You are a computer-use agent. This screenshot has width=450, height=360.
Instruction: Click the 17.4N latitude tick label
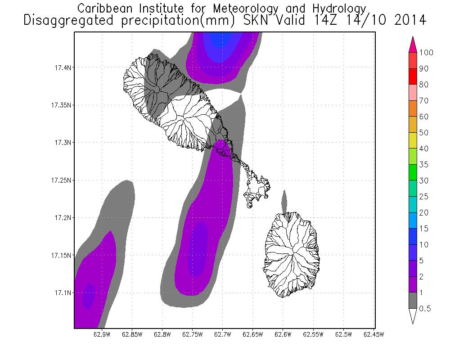click(60, 67)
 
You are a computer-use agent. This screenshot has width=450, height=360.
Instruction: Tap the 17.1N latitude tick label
click(60, 293)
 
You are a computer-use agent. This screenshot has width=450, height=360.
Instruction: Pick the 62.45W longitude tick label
click(373, 334)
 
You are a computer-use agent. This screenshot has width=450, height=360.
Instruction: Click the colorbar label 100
click(426, 53)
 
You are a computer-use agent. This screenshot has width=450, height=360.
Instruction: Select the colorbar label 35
click(423, 165)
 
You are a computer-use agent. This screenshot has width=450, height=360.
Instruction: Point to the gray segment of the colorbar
click(413, 300)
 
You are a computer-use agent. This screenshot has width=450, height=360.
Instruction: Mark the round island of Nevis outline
click(292, 254)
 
